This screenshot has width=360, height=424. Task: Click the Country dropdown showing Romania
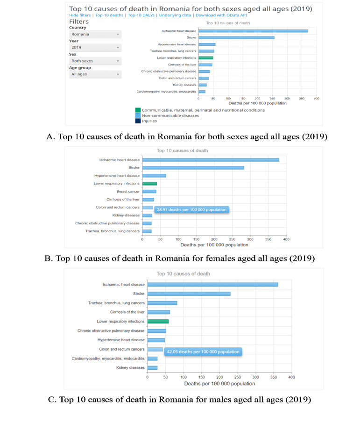pyautogui.click(x=95, y=34)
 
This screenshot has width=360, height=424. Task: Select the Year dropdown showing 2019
pyautogui.click(x=95, y=48)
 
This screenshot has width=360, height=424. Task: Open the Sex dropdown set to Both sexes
pyautogui.click(x=95, y=61)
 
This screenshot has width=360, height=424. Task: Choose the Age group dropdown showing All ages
pyautogui.click(x=95, y=74)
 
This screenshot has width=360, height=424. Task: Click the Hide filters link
pyautogui.click(x=80, y=15)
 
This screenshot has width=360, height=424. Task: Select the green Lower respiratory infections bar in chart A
pyautogui.click(x=205, y=58)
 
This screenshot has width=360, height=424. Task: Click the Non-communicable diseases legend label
pyautogui.click(x=171, y=115)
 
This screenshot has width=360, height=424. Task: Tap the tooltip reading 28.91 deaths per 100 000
pyautogui.click(x=191, y=210)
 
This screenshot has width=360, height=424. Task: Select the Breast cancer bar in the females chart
pyautogui.click(x=149, y=191)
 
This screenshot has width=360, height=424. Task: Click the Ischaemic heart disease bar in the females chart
pyautogui.click(x=211, y=160)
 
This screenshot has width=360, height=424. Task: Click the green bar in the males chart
pyautogui.click(x=158, y=322)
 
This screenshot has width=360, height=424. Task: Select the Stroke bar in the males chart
pyautogui.click(x=189, y=294)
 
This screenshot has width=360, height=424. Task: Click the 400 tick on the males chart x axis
pyautogui.click(x=291, y=377)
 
